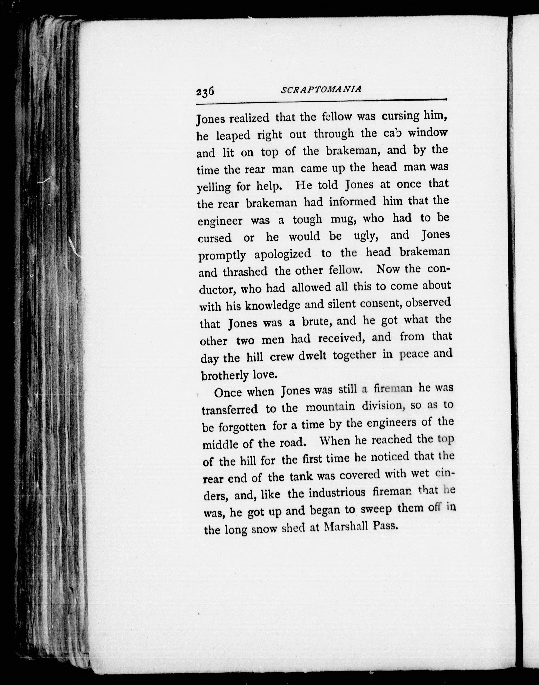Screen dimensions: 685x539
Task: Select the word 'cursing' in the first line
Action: coord(400,116)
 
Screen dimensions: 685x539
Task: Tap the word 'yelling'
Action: coord(214,187)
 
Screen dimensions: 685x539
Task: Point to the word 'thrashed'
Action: coord(245,271)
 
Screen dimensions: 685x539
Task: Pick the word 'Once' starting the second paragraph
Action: coord(228,393)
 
